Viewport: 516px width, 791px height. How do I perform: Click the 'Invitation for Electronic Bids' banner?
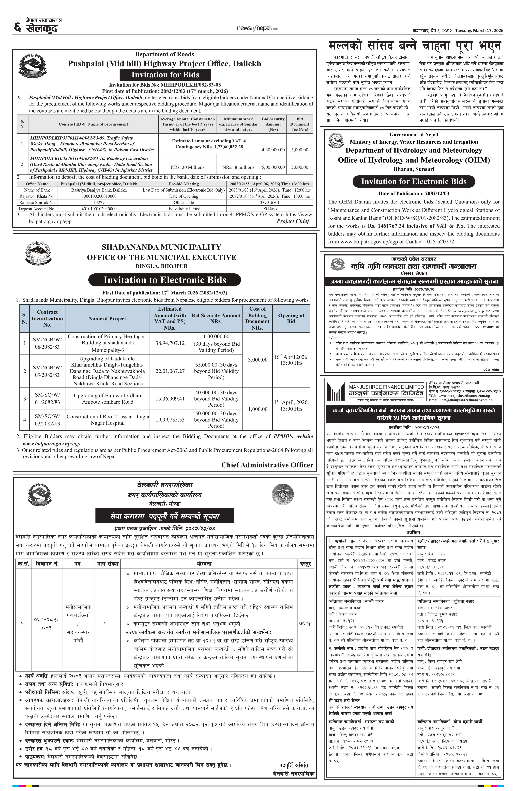click(x=414, y=181)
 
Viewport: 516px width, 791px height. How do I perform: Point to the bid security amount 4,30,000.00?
click(x=273, y=150)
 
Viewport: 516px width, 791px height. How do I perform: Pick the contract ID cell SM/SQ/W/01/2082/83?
click(x=47, y=399)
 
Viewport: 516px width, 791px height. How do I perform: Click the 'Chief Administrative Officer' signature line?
click(x=267, y=465)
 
